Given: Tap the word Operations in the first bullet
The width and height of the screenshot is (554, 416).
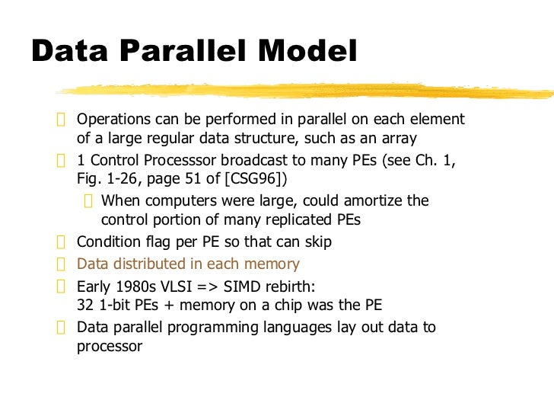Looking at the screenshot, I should [x=115, y=120].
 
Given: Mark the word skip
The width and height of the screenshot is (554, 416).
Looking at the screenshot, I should [x=317, y=242].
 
